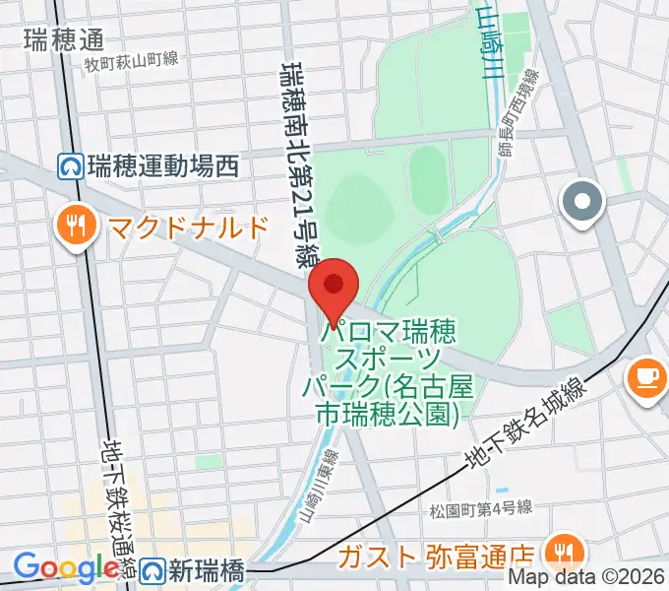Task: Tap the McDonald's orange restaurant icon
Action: click(76, 228)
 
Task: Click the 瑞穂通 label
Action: click(63, 39)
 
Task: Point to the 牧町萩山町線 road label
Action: click(131, 61)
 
